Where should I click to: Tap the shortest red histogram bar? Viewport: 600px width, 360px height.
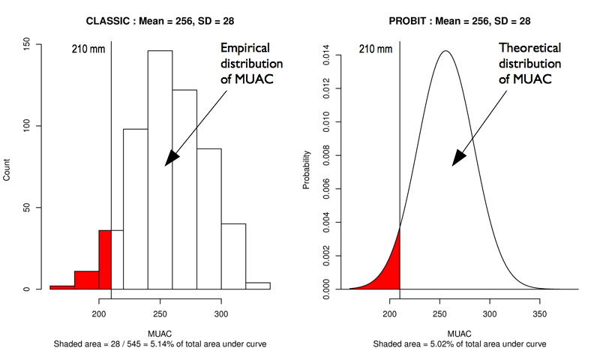pos(62,286)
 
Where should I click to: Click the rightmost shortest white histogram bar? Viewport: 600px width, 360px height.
pos(258,286)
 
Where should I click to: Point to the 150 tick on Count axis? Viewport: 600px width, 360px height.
pos(28,44)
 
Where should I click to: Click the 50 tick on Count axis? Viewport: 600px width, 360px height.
pos(28,208)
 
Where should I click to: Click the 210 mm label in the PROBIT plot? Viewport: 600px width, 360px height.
pos(376,50)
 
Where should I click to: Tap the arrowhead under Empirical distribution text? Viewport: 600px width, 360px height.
pos(171,157)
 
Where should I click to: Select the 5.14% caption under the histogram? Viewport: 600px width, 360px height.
pos(160,343)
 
